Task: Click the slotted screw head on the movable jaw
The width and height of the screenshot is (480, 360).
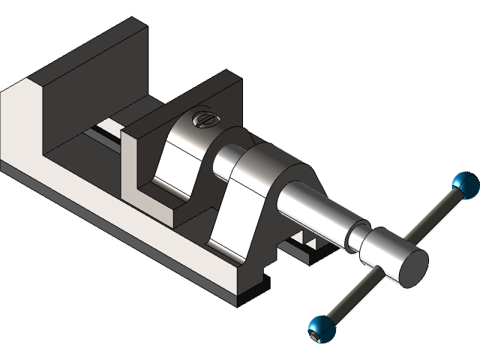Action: coord(203,118)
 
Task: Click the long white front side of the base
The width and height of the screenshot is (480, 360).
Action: coord(112,225)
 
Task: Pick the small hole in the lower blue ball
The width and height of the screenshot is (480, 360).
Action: coord(314,336)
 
